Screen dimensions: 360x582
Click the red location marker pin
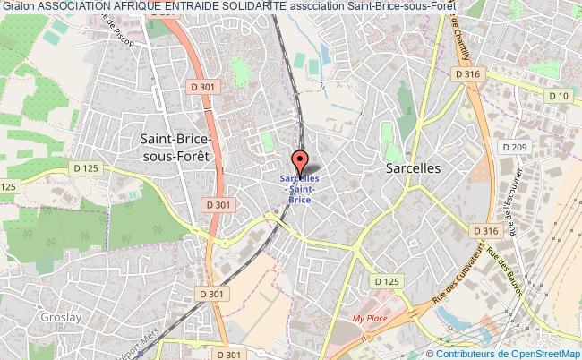301,162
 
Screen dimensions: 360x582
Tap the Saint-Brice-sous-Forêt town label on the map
176,146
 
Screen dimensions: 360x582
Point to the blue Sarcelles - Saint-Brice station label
301,189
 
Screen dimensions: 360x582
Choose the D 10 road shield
560,96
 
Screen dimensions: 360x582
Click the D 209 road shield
513,146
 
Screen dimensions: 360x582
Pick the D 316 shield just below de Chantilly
468,75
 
